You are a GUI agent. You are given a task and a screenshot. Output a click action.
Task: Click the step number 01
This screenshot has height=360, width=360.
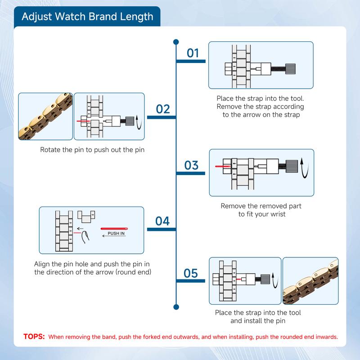(193, 53)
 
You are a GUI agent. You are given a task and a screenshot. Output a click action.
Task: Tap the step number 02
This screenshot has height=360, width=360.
(163, 109)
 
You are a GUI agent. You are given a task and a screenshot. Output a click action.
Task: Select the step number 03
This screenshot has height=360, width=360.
(191, 165)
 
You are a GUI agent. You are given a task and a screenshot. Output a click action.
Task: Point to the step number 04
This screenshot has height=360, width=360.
(162, 221)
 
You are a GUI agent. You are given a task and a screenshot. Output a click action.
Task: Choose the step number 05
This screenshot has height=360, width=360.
(190, 273)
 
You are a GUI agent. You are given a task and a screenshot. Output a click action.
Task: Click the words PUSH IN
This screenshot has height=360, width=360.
(116, 233)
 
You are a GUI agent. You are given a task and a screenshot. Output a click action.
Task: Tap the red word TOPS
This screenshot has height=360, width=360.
(34, 337)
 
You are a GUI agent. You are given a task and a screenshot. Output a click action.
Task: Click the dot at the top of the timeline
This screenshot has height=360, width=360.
(176, 42)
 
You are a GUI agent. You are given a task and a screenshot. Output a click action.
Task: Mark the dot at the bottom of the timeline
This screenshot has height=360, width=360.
(176, 307)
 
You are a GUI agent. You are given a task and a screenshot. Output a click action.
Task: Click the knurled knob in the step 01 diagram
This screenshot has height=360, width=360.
(290, 69)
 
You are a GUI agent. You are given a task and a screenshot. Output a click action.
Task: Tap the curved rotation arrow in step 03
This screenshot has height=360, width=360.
(304, 168)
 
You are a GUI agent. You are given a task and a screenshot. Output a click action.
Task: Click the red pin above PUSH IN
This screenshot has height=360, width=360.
(114, 229)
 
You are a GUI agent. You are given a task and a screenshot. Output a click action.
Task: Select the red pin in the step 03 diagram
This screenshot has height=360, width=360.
(223, 166)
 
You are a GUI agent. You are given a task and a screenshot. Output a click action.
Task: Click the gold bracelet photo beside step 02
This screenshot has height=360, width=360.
(45, 117)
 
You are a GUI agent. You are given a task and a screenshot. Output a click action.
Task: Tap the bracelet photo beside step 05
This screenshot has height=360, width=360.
(310, 281)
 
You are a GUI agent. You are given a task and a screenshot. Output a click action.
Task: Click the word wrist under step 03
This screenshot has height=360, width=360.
(278, 214)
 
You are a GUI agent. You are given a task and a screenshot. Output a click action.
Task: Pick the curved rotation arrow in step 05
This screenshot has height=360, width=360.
(275, 280)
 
